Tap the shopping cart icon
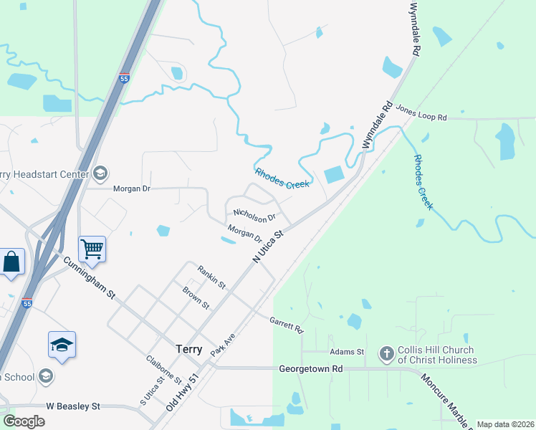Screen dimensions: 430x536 [92, 249]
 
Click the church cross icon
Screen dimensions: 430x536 [386, 353]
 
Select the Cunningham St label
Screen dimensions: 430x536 [89, 280]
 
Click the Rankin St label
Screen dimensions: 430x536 [212, 277]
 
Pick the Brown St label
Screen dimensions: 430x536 [196, 298]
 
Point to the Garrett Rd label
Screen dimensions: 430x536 [287, 325]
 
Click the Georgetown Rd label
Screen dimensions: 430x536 [311, 368]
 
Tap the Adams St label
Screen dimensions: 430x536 [347, 352]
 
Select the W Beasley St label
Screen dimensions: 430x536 [73, 406]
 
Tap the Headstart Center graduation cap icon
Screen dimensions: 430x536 [100, 173]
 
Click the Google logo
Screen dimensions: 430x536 [23, 421]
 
